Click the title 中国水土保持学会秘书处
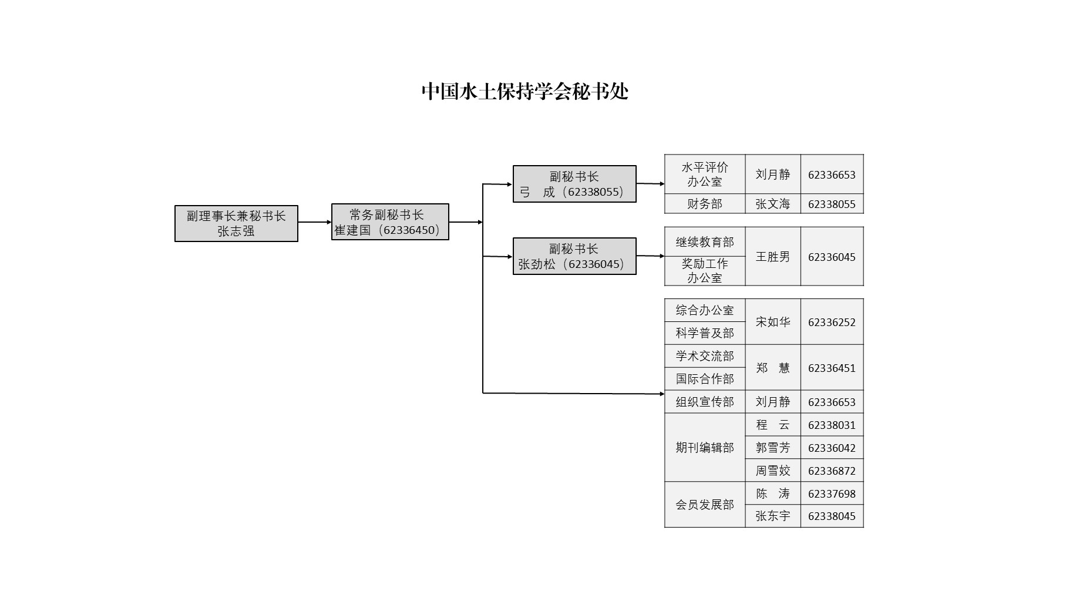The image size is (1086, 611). point(524,92)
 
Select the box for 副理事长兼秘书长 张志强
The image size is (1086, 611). point(236,223)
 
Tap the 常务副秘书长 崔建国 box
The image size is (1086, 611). point(390,222)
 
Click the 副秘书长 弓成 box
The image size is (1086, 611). point(574,184)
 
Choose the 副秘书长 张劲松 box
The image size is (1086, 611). point(574,256)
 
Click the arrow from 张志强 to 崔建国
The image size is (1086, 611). point(314,222)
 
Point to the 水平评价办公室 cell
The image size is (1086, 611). point(705,174)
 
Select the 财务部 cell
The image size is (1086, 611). point(705,204)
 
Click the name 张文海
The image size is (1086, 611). point(772,204)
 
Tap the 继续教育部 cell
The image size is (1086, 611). point(705,242)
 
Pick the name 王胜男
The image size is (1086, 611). point(772,257)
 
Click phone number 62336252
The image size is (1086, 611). point(832,322)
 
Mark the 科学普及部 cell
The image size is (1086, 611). point(705,333)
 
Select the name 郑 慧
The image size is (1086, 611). point(772,368)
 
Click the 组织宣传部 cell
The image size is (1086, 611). point(705,402)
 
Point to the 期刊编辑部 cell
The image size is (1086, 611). point(705,448)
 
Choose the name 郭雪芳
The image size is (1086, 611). point(772,448)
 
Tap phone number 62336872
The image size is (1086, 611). point(832,471)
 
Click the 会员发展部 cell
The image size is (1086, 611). point(705,505)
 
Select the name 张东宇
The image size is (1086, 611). point(772,516)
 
